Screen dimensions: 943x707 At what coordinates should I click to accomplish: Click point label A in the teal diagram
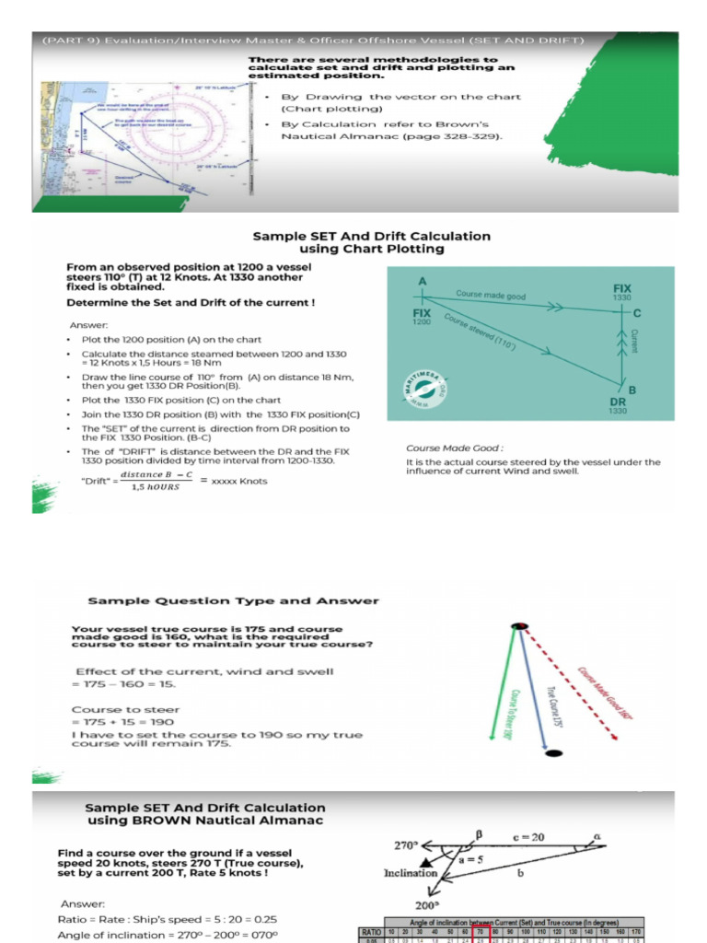click(x=423, y=280)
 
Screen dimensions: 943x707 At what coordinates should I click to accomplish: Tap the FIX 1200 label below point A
click(x=422, y=317)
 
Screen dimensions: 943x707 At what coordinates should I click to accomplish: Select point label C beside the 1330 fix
click(x=637, y=314)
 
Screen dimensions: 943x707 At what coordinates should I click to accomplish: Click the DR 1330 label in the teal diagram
click(x=618, y=406)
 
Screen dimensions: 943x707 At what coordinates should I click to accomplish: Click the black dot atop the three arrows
click(x=520, y=626)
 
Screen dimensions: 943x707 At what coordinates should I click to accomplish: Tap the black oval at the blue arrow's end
click(x=552, y=753)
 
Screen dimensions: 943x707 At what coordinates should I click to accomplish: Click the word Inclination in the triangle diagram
click(x=410, y=872)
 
